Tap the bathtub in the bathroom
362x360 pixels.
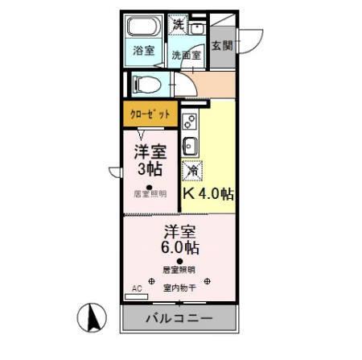[144, 27]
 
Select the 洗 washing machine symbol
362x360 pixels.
[178, 24]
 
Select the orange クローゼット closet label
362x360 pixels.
[150, 114]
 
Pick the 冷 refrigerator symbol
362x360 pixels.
[193, 171]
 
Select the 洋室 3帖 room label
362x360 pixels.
[150, 159]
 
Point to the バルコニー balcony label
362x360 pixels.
[179, 318]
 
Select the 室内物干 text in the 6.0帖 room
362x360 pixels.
[179, 288]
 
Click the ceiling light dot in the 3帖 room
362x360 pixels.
[149, 186]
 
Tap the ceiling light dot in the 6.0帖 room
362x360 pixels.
[179, 260]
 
